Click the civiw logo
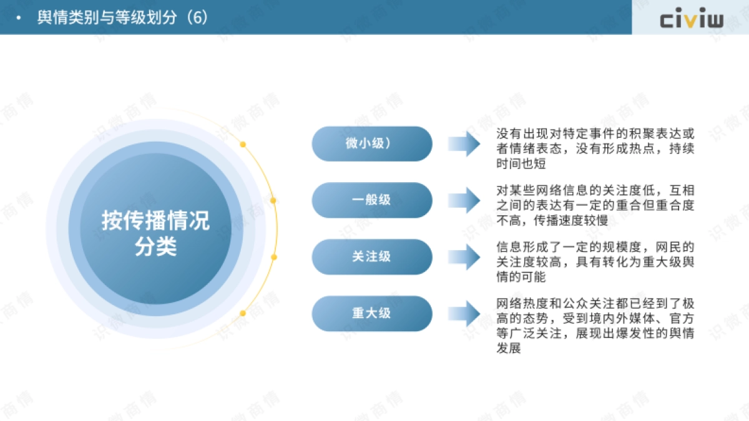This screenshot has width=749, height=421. (x=692, y=19)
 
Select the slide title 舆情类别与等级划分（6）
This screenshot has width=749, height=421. (x=122, y=17)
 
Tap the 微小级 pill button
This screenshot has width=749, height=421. (x=372, y=143)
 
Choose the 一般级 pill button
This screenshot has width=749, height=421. (x=372, y=200)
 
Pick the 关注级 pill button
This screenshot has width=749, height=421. (x=372, y=256)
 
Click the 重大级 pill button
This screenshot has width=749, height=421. (x=372, y=313)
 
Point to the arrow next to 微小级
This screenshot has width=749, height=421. (x=464, y=143)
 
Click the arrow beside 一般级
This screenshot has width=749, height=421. (x=464, y=200)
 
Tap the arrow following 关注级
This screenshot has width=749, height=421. (x=464, y=256)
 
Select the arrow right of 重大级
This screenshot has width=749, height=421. (x=464, y=313)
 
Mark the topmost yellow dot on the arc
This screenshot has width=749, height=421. (x=243, y=144)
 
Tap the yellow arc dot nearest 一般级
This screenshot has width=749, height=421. (x=273, y=200)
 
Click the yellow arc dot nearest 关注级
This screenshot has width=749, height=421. (x=273, y=256)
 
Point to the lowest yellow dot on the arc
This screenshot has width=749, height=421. (x=243, y=312)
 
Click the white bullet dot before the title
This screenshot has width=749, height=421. (x=19, y=17)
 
